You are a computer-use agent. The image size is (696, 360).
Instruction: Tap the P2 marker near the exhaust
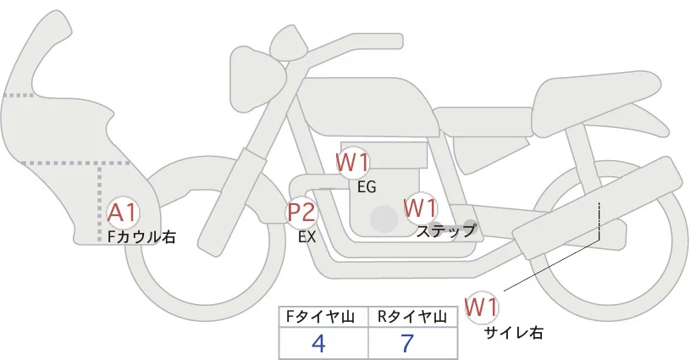tap(301, 213)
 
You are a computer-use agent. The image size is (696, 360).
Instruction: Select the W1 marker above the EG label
tap(352, 162)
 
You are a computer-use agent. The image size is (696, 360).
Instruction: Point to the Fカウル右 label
tap(141, 238)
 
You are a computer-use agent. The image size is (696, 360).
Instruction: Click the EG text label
tap(367, 186)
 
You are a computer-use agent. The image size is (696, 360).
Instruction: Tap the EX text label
tap(307, 238)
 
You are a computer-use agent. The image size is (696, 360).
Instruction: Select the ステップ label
tap(446, 230)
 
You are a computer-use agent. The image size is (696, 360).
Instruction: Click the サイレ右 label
tap(513, 333)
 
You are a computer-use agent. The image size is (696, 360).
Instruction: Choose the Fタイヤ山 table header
tap(323, 317)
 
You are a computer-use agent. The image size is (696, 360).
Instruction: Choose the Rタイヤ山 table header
tap(413, 317)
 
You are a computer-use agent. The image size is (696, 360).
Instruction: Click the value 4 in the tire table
tap(319, 343)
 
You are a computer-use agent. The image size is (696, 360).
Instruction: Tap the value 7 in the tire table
tap(409, 343)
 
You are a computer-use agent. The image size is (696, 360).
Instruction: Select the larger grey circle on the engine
tap(385, 219)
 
